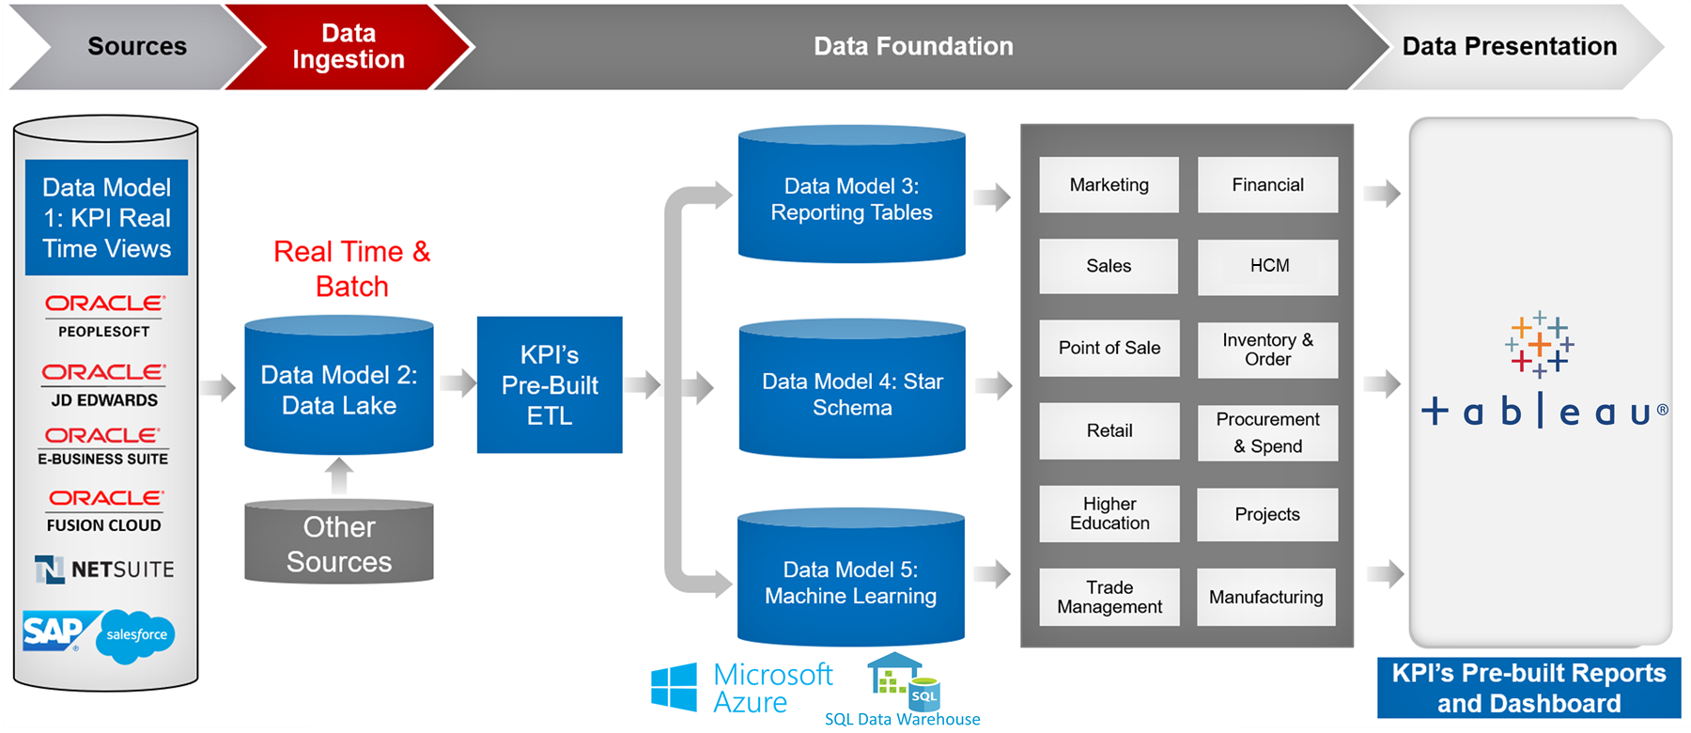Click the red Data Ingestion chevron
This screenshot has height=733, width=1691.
coord(348,46)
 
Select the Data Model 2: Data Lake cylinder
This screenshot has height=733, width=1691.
coord(338,389)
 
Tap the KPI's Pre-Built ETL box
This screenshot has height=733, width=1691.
coord(550,385)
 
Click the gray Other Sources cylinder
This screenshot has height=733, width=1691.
coord(338,544)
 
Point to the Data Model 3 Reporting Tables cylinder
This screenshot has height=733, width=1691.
coord(851,199)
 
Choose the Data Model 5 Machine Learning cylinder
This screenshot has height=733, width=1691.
coord(851,582)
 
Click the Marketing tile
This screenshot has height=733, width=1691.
coord(1109,185)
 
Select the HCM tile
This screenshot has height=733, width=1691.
coord(1268,266)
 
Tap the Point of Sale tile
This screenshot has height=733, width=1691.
coord(1109,348)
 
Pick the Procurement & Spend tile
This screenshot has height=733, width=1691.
coord(1267,432)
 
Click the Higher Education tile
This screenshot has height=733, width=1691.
coord(1109,513)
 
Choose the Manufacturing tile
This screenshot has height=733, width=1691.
coord(1265,597)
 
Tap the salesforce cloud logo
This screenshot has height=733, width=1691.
coord(137,635)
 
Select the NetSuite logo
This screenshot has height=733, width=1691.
coord(104,569)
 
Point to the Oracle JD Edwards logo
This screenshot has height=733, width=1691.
coord(103,384)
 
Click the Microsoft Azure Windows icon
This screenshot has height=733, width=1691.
coord(674,687)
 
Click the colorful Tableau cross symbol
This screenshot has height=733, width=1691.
coord(1539,345)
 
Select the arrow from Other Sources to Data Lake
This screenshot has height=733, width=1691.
coord(339,476)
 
